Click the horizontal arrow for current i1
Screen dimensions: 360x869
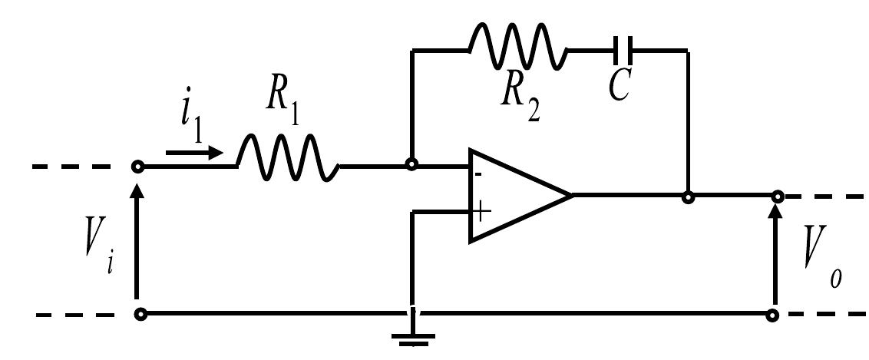(x=194, y=153)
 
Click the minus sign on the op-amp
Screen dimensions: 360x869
(x=478, y=175)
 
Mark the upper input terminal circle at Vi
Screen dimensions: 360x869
(x=138, y=166)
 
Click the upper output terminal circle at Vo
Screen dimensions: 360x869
(x=776, y=197)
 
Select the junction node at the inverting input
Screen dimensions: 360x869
(x=412, y=164)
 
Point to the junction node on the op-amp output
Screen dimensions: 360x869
(x=688, y=197)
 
